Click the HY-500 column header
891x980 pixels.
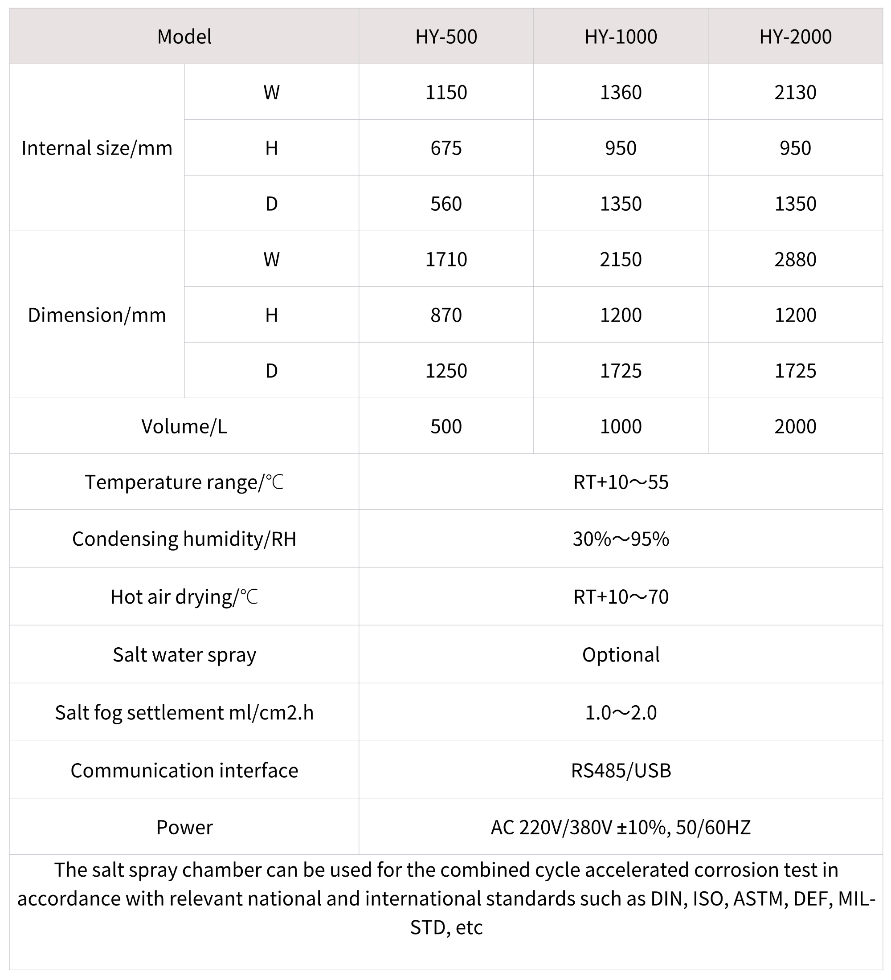(x=446, y=37)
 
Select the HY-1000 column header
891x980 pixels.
(x=621, y=37)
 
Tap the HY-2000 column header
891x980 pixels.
(x=795, y=37)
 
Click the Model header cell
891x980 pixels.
(x=184, y=37)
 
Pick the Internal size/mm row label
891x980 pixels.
(x=97, y=148)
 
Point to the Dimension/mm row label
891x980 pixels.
(x=97, y=315)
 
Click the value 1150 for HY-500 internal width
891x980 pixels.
(x=446, y=92)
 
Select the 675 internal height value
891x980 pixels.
(x=446, y=148)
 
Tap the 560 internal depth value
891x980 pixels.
(x=446, y=204)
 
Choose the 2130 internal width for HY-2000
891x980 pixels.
(x=795, y=92)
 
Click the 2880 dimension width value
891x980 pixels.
(x=795, y=260)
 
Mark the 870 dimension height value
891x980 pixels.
(x=446, y=315)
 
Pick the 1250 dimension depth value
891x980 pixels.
(x=446, y=371)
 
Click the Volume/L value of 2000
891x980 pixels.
(x=795, y=427)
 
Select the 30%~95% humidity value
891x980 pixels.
(x=621, y=539)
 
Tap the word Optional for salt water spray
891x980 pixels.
(x=621, y=655)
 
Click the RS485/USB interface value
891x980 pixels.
(x=621, y=771)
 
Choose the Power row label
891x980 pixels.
(x=184, y=827)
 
